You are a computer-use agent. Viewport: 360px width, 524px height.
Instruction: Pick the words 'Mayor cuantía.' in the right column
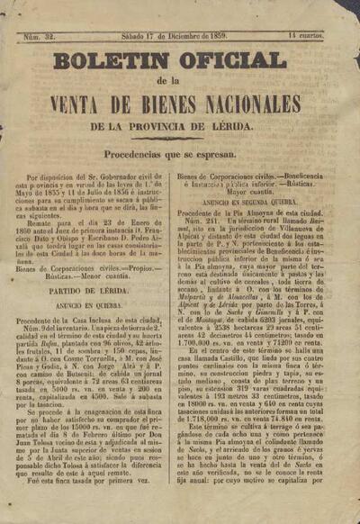coord(257,192)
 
